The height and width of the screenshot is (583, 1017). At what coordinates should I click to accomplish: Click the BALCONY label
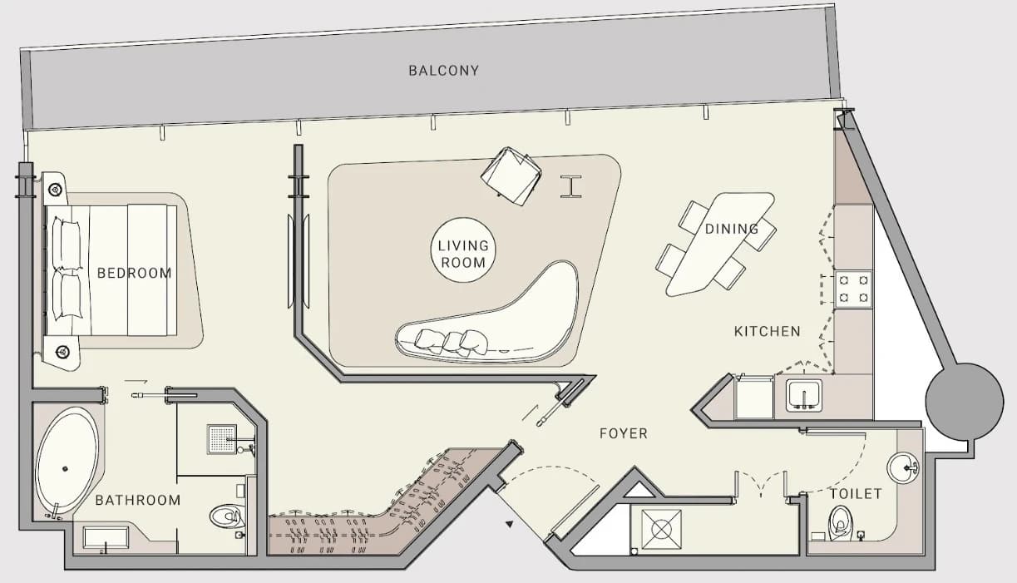[443, 71]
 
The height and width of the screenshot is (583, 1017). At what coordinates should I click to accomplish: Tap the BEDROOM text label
[135, 273]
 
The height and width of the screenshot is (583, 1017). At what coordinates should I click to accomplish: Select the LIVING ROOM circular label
[463, 250]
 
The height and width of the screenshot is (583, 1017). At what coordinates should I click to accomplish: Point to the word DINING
[732, 229]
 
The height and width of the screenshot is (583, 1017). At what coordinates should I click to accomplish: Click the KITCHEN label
[768, 332]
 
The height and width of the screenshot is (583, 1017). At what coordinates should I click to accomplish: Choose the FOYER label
[624, 433]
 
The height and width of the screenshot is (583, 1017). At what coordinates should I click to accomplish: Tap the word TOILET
[856, 493]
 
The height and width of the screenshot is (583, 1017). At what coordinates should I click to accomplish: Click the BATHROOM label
[138, 501]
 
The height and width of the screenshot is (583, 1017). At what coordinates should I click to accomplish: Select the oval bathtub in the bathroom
[67, 461]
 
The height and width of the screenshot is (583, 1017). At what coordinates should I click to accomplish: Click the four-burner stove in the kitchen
[853, 289]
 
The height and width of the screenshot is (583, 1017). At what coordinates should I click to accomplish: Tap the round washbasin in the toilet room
[902, 468]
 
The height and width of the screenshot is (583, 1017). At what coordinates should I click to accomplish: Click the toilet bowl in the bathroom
[226, 516]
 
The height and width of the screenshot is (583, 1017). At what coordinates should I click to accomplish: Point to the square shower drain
[222, 439]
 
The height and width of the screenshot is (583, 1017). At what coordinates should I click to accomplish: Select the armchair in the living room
[511, 175]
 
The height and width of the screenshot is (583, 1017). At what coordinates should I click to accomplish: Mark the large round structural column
[965, 402]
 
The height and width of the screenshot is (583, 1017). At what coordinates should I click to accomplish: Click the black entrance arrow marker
[510, 524]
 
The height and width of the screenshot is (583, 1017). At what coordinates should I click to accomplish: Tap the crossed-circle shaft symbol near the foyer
[661, 530]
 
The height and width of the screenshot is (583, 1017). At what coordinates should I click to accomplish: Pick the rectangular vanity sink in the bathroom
[106, 538]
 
